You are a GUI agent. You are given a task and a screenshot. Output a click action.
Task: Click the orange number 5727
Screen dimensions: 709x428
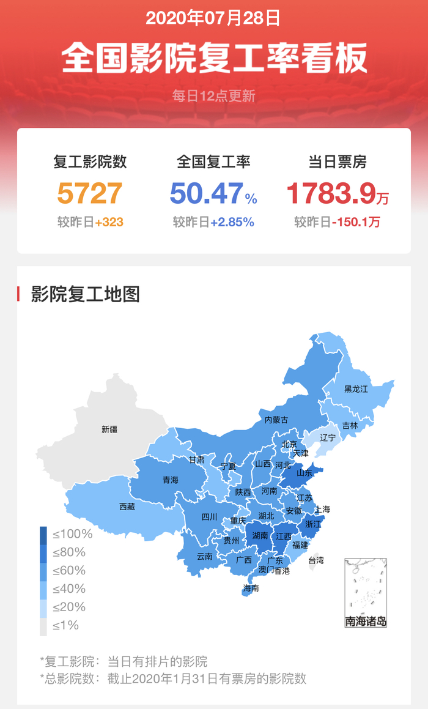(90, 193)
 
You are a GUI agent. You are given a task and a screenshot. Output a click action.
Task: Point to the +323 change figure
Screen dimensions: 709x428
(109, 222)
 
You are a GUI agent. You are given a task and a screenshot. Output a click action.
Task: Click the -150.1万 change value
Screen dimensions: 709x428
(356, 222)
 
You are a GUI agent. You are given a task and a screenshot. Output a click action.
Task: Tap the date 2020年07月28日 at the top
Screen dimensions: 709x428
(213, 18)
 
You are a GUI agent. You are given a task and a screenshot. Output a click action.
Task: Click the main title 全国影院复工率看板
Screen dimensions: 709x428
(214, 58)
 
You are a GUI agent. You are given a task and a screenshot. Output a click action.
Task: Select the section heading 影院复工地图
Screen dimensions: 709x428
(86, 294)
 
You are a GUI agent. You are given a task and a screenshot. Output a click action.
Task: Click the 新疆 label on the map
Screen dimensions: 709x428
(109, 429)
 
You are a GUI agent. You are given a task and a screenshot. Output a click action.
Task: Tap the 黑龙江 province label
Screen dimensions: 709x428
(356, 389)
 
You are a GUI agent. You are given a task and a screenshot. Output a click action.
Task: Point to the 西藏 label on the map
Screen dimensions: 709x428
(127, 507)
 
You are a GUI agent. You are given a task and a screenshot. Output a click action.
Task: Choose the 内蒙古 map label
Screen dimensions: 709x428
(276, 420)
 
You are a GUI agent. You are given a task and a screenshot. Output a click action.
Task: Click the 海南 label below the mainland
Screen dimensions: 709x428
(251, 588)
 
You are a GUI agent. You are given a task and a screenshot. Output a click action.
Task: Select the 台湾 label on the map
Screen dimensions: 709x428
(315, 560)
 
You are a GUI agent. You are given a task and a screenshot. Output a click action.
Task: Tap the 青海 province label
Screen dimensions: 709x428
(171, 480)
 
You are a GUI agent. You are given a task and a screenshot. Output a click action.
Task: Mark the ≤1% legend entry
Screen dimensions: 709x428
(65, 626)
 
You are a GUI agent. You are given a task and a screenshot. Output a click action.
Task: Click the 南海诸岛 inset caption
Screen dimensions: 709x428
(366, 622)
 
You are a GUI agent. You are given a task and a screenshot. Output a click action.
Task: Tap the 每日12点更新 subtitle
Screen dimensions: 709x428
(213, 96)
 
